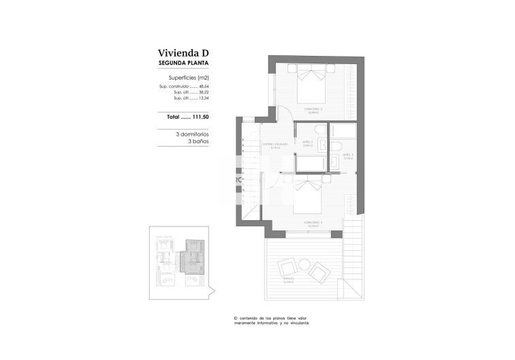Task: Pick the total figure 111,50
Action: [x=200, y=117]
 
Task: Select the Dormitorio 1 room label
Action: [x=313, y=223]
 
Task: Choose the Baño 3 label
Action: [x=347, y=156]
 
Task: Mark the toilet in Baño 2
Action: [x=337, y=147]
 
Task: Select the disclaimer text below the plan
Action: [x=276, y=320]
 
